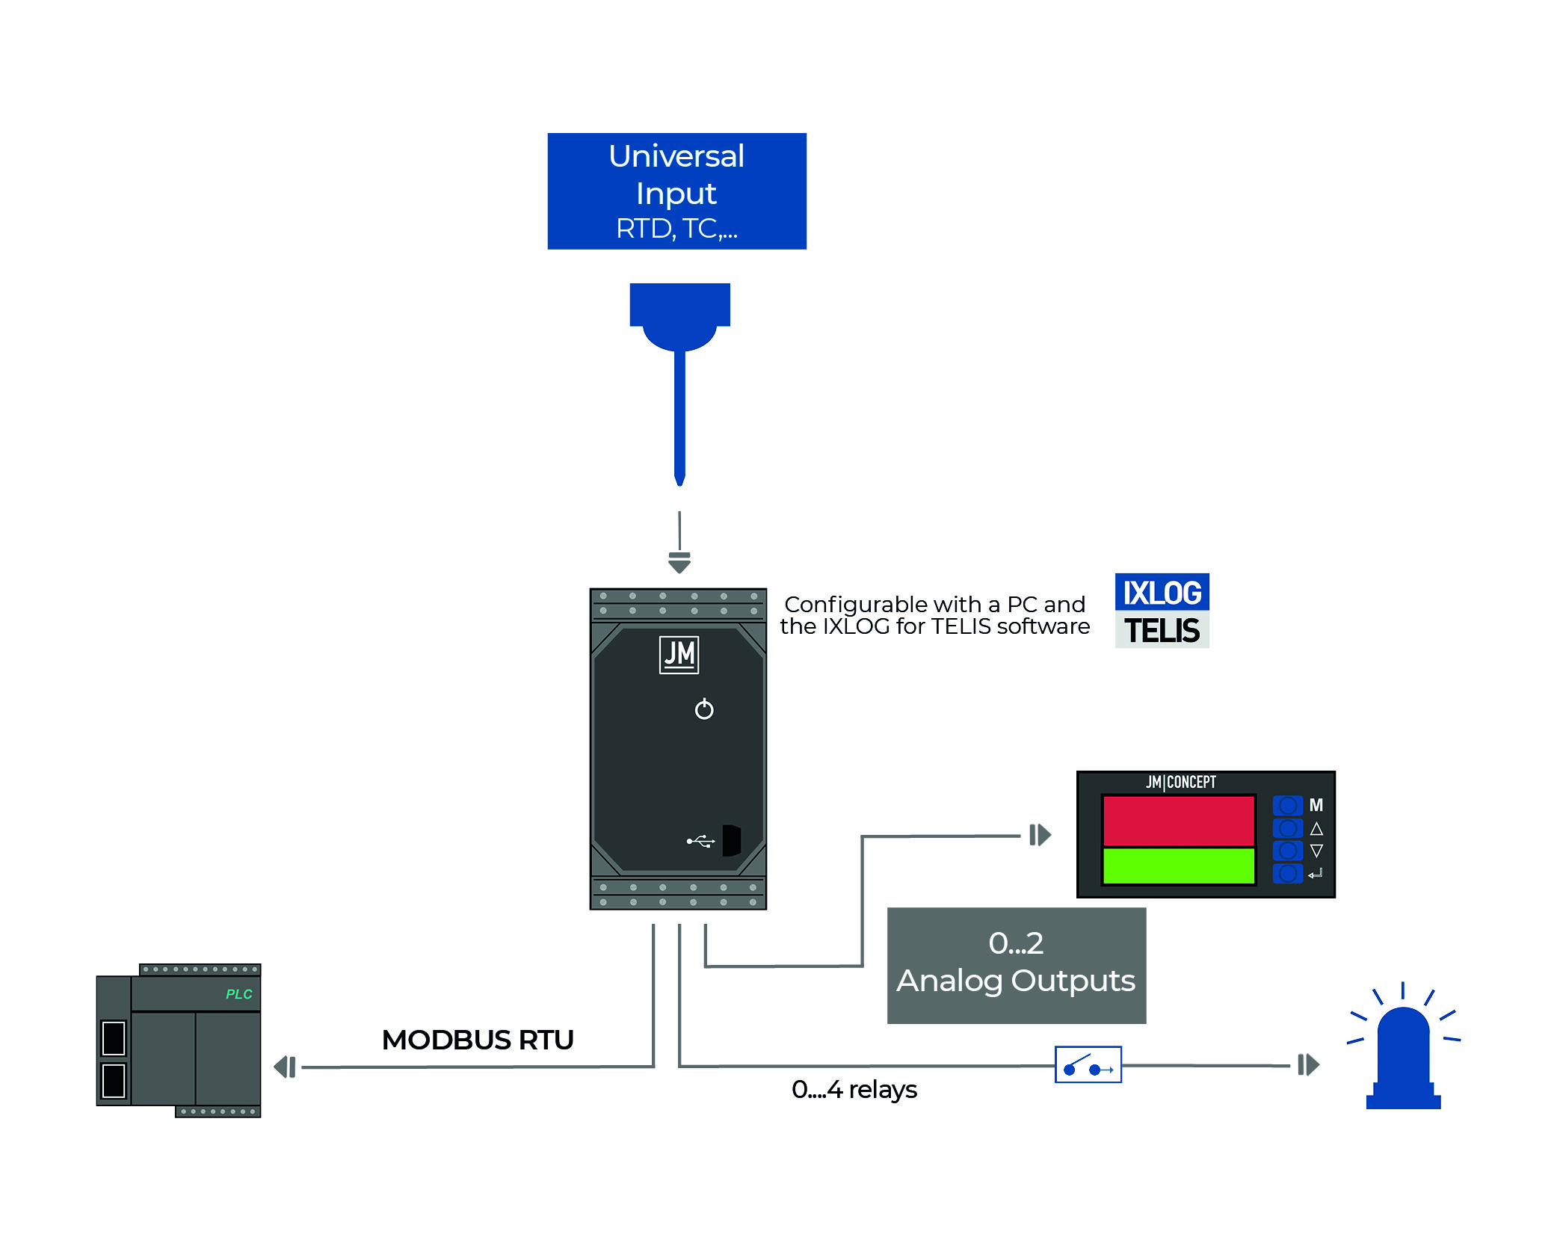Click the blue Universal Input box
[676, 191]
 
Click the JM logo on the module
[679, 655]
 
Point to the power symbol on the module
[704, 709]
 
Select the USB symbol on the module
[700, 842]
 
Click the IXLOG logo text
[1162, 593]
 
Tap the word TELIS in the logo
[1162, 630]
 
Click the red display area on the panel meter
[1178, 821]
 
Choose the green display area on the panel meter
[1178, 866]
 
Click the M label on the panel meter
[1316, 805]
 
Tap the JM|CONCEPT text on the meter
[1181, 782]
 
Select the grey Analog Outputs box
[1016, 965]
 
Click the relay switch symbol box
[1088, 1064]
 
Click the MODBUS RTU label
[478, 1040]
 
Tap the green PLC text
[239, 994]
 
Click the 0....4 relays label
[854, 1090]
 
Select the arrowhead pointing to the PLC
[285, 1067]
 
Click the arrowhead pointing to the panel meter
[1040, 835]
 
